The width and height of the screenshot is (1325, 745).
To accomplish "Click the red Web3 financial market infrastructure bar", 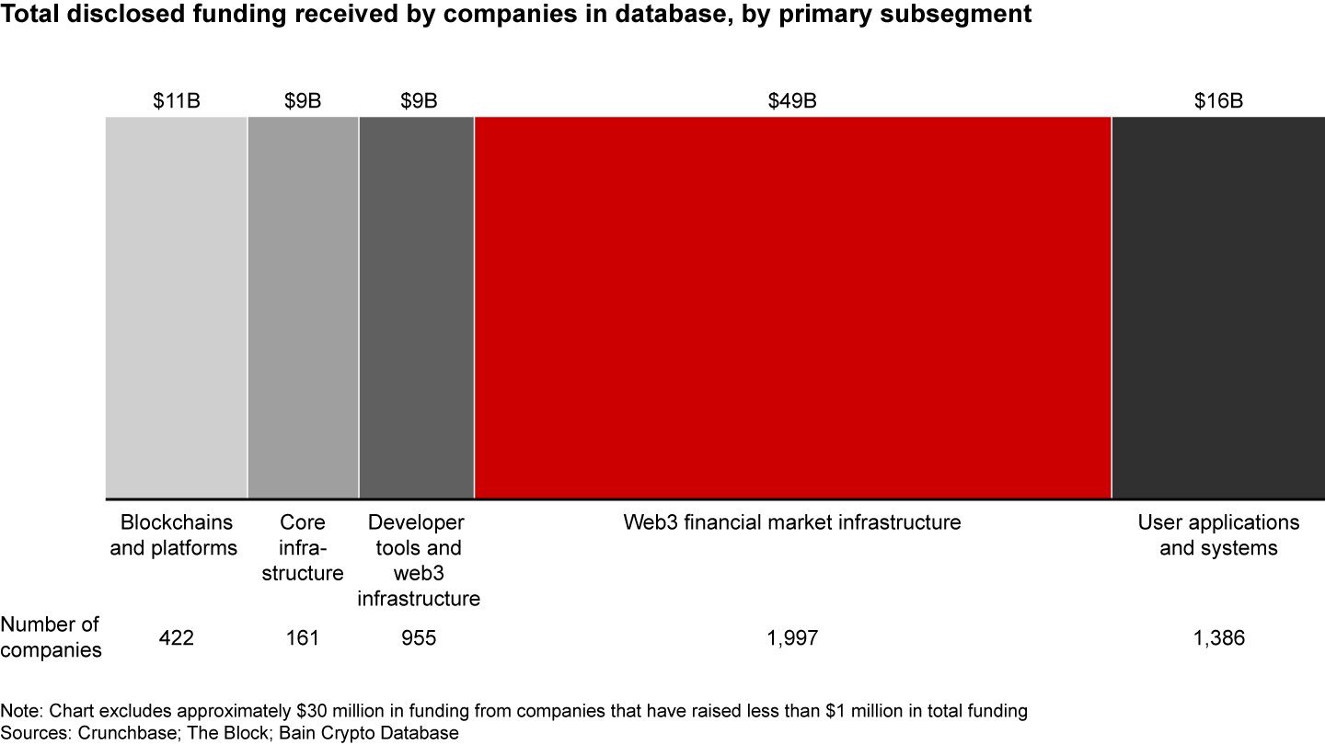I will pos(792,307).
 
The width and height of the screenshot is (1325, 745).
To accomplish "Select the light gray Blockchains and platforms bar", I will pos(176,307).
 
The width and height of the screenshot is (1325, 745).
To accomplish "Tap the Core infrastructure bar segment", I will pos(303,307).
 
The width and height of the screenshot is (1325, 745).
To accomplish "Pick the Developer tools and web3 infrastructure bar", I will pos(416,307).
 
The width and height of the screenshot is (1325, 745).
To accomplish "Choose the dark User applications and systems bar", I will pos(1217,307).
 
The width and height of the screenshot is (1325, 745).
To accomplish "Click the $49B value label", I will pos(792,101).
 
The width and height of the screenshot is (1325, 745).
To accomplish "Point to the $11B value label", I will pos(176,101).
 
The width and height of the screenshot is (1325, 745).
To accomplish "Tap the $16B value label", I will pos(1218,101).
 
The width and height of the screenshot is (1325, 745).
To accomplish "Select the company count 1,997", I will pos(792,637).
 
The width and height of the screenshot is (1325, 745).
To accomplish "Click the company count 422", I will pos(176,637).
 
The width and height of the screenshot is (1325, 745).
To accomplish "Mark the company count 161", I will pos(303,637).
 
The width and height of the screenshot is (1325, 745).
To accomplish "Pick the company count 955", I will pos(419,637).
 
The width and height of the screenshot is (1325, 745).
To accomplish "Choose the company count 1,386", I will pos(1218,637).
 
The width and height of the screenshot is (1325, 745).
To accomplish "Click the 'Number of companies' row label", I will pos(51,636).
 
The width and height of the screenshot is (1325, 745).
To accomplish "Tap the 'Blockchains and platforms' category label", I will pos(179,535).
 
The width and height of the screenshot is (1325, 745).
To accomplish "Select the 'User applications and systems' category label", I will pos(1218,535).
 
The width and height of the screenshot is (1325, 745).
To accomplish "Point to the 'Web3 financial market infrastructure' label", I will pos(792,522).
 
